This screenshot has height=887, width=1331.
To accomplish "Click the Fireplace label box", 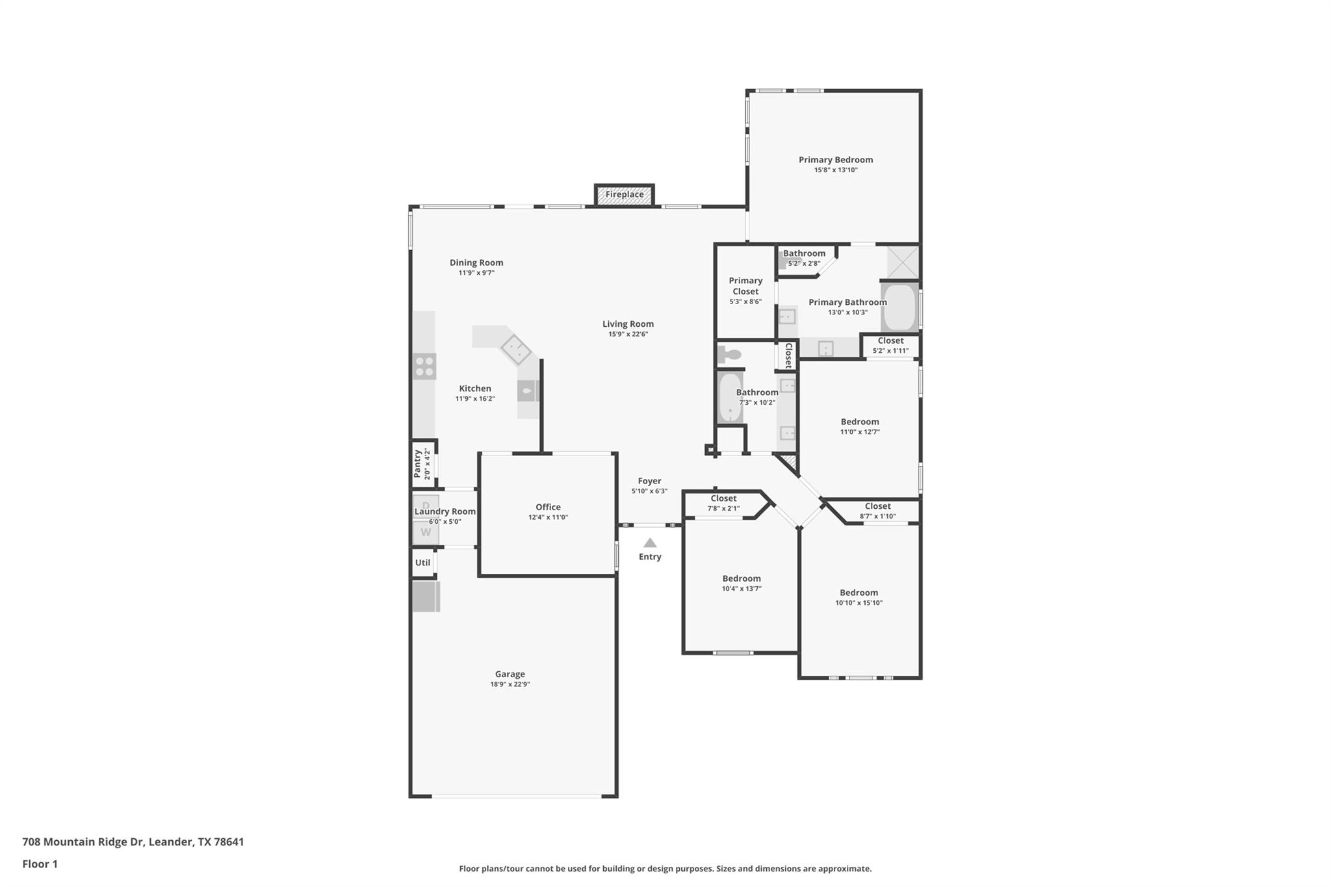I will tap(624, 195).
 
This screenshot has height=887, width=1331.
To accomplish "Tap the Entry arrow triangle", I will tap(650, 543).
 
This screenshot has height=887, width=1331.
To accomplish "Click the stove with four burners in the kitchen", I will tap(424, 366).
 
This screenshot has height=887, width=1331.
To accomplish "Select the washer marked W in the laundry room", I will tap(426, 533).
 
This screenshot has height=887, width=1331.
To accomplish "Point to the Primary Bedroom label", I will tap(835, 160).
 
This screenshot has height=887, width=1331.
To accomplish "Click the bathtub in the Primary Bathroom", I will tap(899, 307).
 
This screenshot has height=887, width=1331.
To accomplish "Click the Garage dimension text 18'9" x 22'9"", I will tap(510, 684).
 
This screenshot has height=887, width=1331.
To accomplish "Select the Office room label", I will tap(548, 508).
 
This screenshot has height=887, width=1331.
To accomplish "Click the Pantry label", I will tap(417, 464).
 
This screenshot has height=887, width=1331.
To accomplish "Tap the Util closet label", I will tap(422, 563).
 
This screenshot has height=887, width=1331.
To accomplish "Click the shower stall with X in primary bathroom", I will tap(903, 262).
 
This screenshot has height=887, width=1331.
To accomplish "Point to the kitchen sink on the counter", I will tap(527, 391).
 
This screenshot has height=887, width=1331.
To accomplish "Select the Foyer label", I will tap(649, 482).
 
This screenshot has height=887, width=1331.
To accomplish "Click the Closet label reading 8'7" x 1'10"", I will tap(877, 516).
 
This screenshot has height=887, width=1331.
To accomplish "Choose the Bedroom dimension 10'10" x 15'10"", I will tap(859, 603).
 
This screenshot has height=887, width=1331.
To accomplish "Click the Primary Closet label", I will tap(745, 286).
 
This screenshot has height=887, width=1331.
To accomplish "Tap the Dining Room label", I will tap(476, 263).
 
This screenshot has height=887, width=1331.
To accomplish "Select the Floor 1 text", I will tap(40, 864).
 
